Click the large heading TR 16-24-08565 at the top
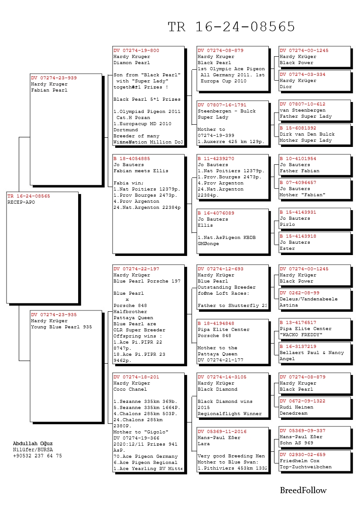231,27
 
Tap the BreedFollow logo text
303,491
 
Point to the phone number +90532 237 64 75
38,456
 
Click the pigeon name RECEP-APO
21,202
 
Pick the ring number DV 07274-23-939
54,78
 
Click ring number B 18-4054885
132,159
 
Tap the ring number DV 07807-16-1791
222,105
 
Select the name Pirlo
287,225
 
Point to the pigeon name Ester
287,249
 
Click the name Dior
286,87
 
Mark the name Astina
288,305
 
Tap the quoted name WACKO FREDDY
301,335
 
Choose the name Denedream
294,413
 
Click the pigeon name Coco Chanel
130,389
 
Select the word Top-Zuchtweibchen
305,467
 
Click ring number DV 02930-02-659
302,455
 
